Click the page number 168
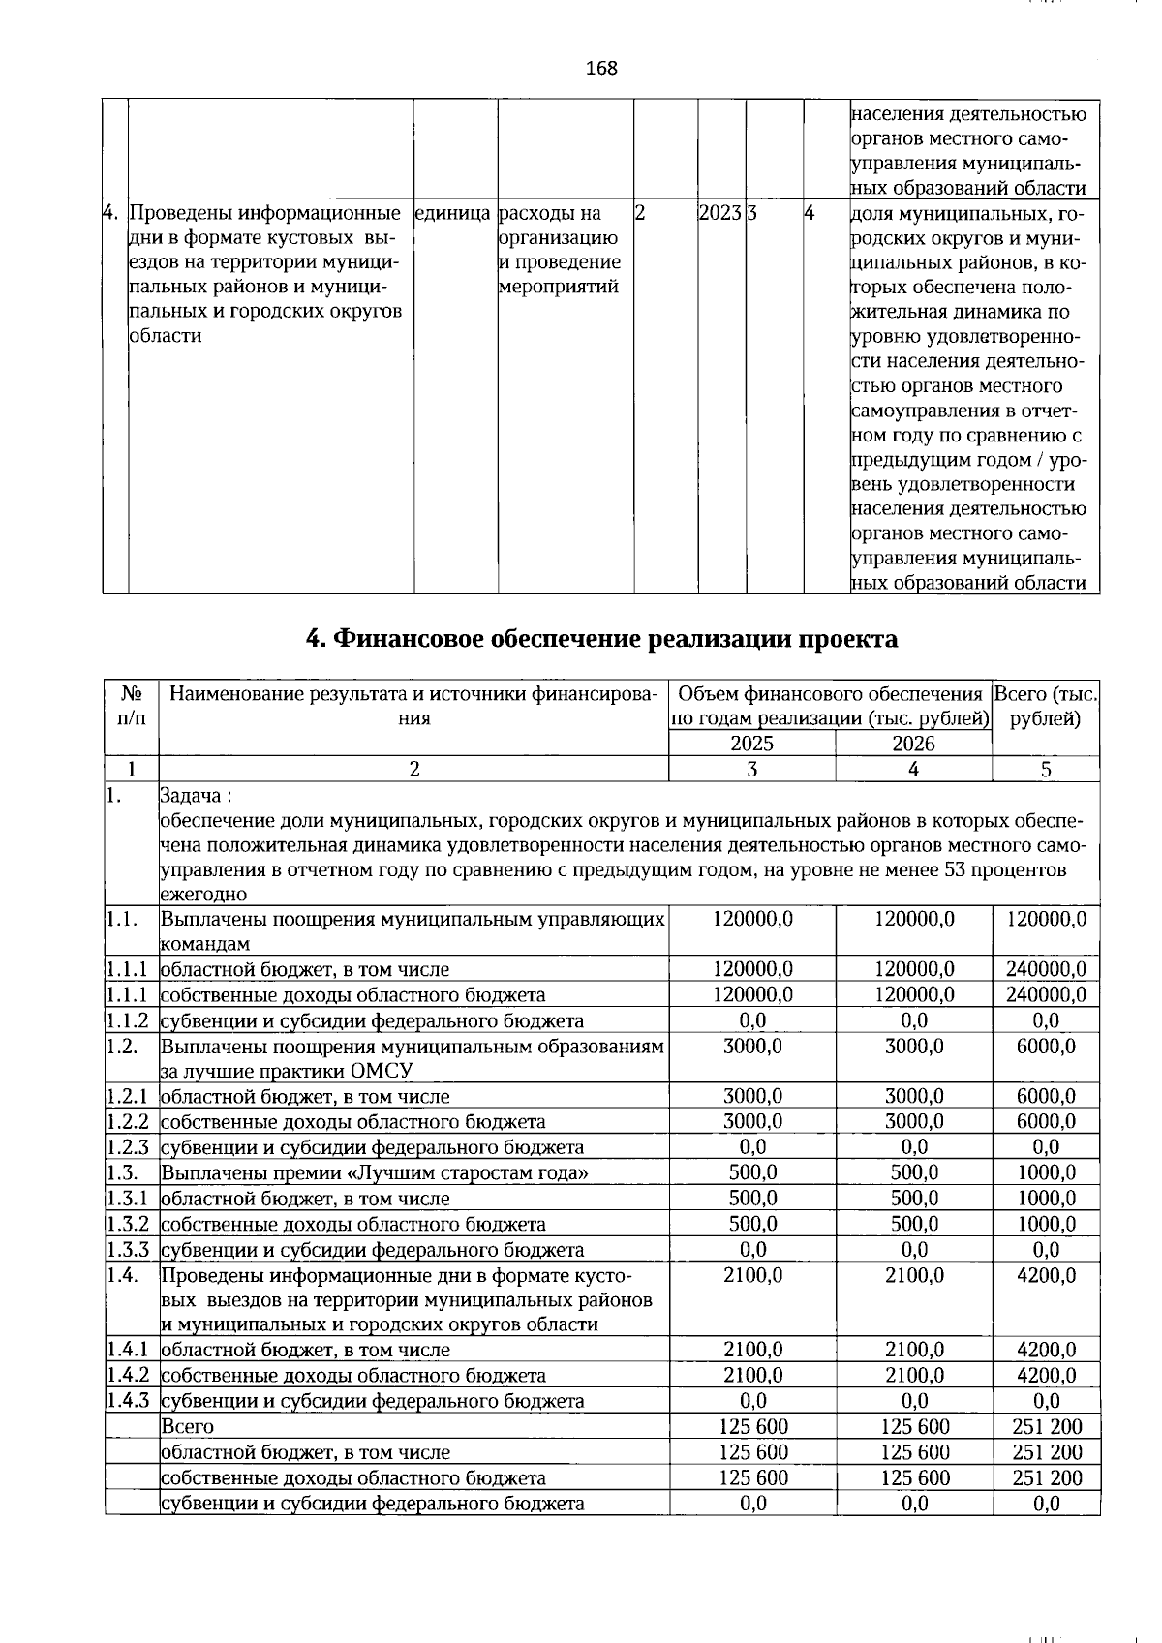(x=601, y=68)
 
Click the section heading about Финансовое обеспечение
(x=601, y=639)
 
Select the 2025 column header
(x=751, y=744)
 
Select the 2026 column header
(x=913, y=744)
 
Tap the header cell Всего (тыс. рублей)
(x=1046, y=706)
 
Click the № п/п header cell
(x=132, y=706)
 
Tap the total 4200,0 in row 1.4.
(x=1046, y=1275)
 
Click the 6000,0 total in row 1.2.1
(x=1046, y=1096)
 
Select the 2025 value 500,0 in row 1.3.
(x=752, y=1172)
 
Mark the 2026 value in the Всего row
(x=914, y=1426)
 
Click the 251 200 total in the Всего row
(x=1046, y=1426)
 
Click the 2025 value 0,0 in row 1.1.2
(x=752, y=1020)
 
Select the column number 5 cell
(x=1046, y=770)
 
